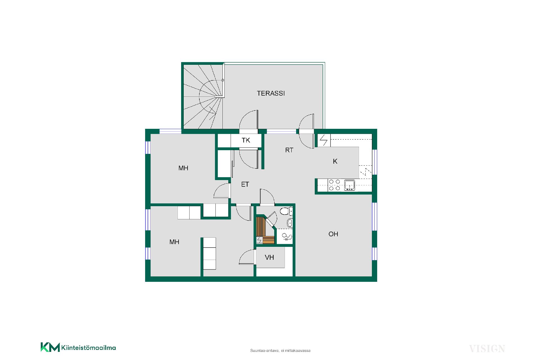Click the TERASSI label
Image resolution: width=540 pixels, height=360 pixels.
[271, 93]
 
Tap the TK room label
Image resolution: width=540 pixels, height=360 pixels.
[246, 140]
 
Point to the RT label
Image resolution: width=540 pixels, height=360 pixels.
[289, 150]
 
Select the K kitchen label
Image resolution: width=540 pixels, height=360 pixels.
[335, 161]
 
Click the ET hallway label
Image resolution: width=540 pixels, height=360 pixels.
[245, 184]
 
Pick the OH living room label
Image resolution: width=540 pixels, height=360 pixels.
[333, 234]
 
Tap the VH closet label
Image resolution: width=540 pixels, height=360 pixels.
[269, 257]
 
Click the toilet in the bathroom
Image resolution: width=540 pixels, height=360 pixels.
[286, 211]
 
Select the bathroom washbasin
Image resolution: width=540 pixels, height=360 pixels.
[290, 223]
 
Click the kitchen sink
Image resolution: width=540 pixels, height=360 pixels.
[349, 185]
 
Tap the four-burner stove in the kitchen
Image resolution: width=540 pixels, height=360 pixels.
[334, 185]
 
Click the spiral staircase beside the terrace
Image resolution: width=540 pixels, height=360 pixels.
[203, 96]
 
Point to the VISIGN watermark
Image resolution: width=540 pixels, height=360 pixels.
[487, 349]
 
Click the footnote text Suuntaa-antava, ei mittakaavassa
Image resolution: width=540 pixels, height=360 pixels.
[280, 351]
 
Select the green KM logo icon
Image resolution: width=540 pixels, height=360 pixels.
[50, 347]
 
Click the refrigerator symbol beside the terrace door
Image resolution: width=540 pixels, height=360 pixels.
[324, 140]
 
